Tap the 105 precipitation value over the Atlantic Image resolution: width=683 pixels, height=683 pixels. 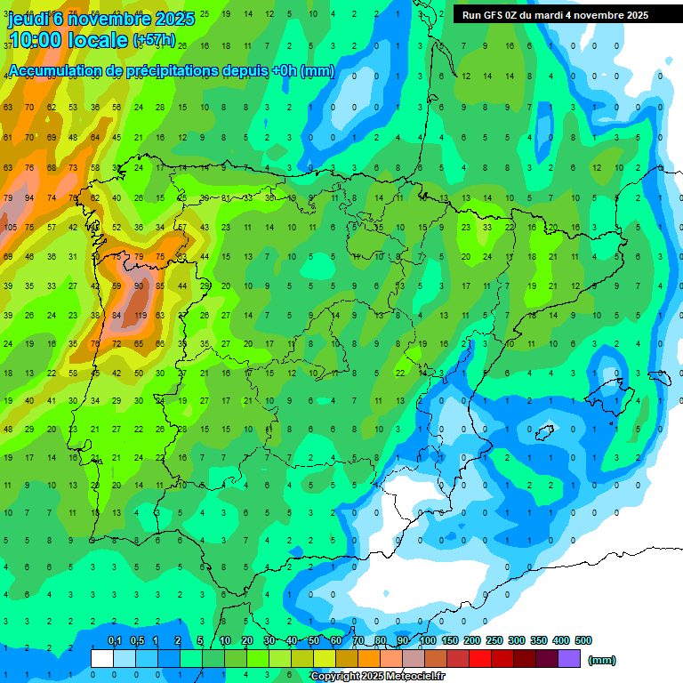tap(11, 228)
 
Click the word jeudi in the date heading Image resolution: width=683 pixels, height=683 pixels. tap(29, 19)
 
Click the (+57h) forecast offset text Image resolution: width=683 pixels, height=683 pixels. tap(154, 41)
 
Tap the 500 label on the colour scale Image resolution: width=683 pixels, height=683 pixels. tap(583, 641)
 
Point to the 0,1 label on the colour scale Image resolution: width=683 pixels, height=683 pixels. tap(114, 641)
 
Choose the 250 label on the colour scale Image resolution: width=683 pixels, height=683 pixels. tap(494, 641)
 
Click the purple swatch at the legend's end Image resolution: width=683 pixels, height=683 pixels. tap(569, 658)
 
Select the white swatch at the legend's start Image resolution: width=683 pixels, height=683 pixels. tap(102, 658)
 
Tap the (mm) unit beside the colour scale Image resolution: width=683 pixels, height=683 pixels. tap(602, 660)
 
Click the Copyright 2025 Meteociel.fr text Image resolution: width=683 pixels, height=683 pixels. tap(377, 677)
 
